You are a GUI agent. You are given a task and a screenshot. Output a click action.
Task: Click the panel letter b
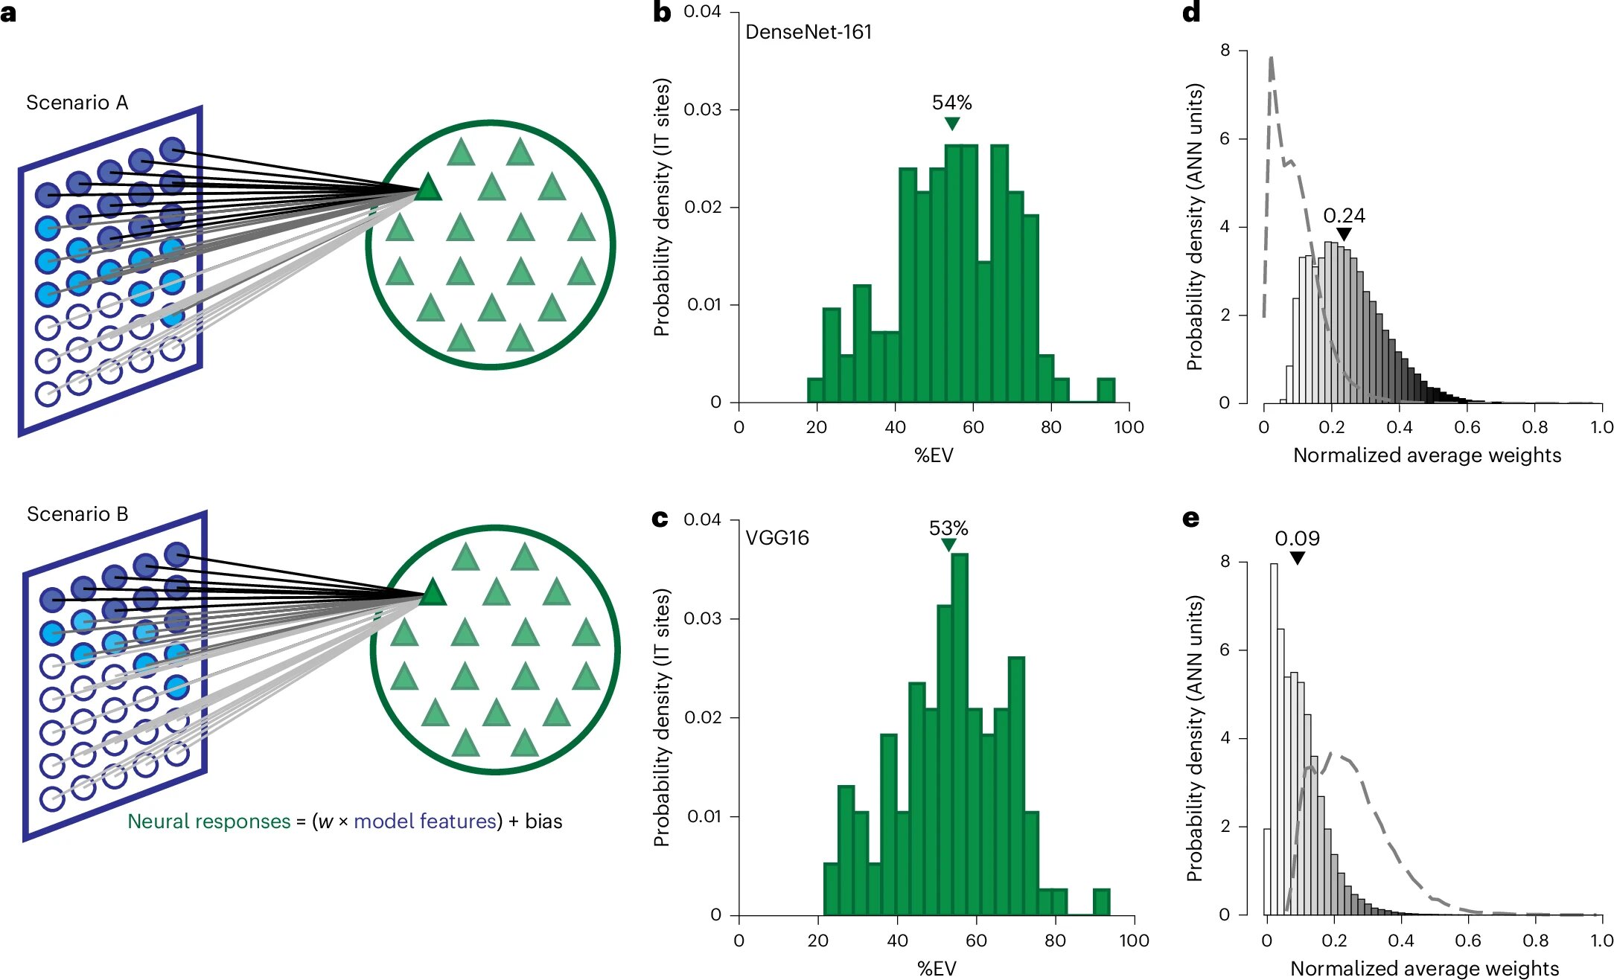[661, 13]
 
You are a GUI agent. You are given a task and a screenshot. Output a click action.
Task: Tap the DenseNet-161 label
[808, 32]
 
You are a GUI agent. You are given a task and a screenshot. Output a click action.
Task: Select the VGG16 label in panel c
[776, 538]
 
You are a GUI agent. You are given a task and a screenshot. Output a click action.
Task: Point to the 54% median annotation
[951, 103]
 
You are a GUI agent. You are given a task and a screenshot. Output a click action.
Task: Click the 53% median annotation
[948, 528]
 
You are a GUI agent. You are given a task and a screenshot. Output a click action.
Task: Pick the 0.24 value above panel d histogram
[1343, 216]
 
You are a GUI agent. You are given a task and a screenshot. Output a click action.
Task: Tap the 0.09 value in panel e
[1297, 539]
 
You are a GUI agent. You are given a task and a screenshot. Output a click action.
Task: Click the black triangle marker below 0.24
[1343, 235]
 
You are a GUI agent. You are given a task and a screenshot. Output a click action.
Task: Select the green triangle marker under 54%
[951, 124]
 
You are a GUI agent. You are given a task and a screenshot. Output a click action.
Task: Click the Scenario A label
[77, 103]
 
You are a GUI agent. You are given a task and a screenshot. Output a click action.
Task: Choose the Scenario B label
[77, 514]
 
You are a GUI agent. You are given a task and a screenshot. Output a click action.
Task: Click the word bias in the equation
[543, 822]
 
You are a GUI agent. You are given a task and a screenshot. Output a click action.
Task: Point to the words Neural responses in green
[208, 822]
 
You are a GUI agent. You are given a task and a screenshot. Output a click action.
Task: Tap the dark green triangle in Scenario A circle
[427, 188]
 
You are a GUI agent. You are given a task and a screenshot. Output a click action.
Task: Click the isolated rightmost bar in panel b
[1106, 391]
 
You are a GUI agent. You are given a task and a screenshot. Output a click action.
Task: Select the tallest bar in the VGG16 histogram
[960, 733]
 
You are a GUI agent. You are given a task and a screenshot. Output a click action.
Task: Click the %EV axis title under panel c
[937, 968]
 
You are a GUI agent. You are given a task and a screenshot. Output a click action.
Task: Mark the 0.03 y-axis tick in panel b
[702, 109]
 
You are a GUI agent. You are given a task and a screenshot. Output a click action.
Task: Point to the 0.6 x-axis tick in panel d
[1467, 427]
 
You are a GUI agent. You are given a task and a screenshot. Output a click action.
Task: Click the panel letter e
[1190, 519]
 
